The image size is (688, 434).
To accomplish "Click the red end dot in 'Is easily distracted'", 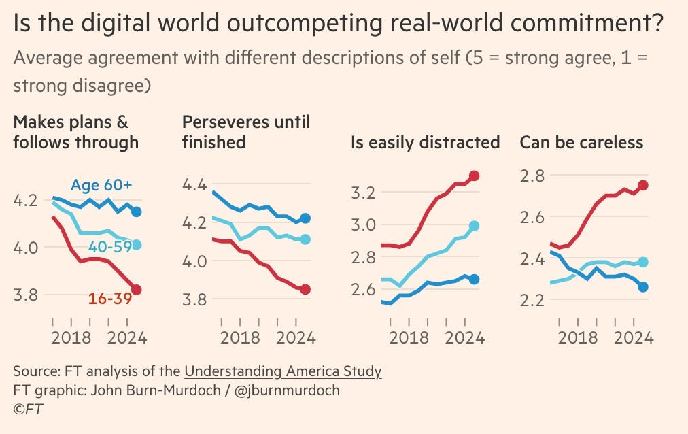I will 475,176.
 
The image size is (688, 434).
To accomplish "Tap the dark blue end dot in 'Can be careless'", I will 643,287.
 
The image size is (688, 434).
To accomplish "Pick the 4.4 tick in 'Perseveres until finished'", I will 196,185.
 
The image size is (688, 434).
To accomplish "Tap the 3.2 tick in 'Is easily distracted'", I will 366,193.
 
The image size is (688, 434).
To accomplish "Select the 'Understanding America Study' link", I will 283,371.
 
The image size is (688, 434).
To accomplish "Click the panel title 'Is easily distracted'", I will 425,143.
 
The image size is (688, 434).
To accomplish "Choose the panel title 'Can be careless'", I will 581,143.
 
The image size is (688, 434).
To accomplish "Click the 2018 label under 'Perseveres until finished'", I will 240,337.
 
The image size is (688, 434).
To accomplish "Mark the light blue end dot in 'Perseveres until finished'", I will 305,239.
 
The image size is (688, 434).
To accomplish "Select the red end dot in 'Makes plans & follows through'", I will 137,290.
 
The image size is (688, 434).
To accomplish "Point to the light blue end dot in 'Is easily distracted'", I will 475,226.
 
